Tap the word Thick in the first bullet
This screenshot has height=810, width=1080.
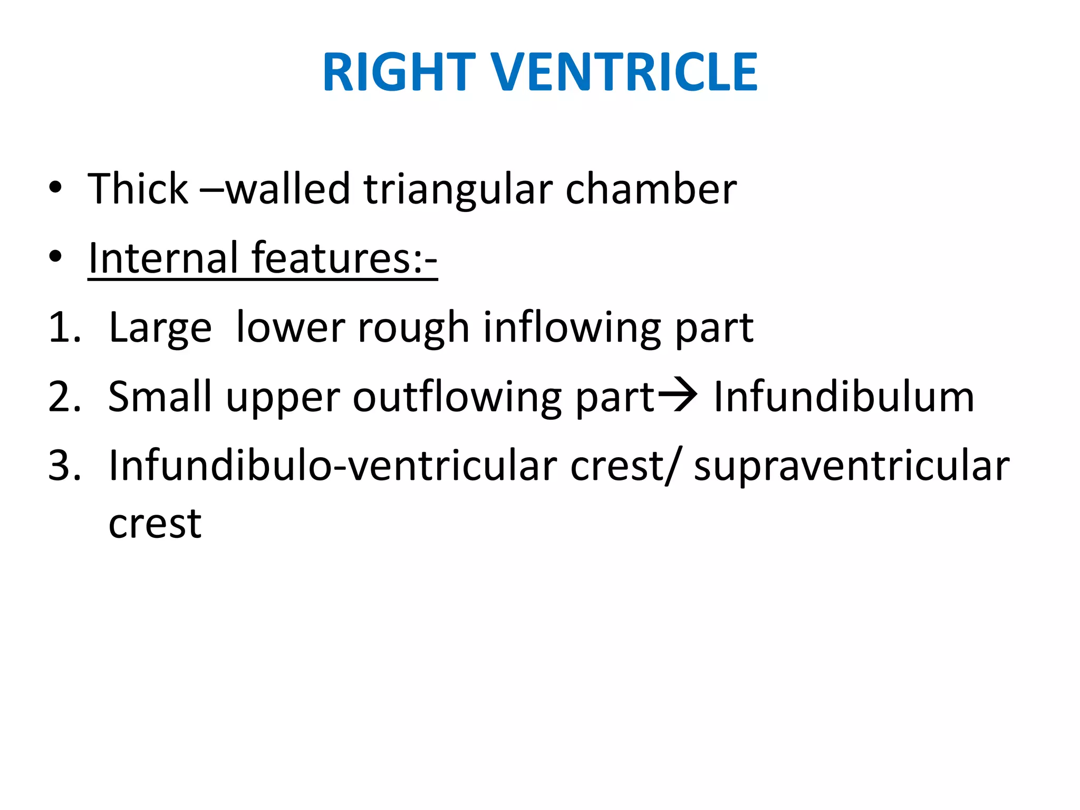138,189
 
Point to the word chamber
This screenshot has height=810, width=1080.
651,189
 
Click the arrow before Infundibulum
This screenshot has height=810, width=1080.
678,396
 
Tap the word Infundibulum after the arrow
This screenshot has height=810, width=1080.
843,397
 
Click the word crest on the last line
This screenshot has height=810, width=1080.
155,524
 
